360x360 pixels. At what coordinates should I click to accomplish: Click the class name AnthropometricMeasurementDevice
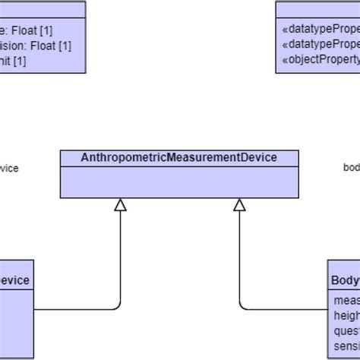click(x=179, y=157)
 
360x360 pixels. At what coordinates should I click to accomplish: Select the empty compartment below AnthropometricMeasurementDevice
click(x=179, y=181)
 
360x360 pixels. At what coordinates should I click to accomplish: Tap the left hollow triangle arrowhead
click(x=120, y=204)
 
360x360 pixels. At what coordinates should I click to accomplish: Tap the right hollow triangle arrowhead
click(x=239, y=204)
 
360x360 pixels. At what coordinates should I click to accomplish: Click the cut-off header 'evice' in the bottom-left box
click(x=14, y=280)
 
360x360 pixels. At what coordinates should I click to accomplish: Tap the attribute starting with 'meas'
click(x=346, y=300)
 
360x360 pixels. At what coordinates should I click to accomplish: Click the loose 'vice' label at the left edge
click(x=9, y=168)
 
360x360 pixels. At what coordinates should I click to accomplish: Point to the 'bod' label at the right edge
click(x=351, y=168)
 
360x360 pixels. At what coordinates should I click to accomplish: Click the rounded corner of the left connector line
click(x=118, y=307)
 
